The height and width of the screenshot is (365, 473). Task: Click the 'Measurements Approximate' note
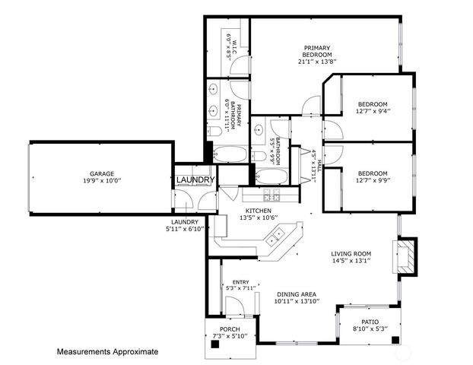[x=108, y=352]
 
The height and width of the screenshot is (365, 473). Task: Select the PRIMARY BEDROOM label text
[x=317, y=51]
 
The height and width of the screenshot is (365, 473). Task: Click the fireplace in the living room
[x=405, y=258]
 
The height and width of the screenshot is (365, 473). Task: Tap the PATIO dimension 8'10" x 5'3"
[x=370, y=328]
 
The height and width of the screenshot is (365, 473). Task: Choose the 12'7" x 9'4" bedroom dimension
[x=373, y=111]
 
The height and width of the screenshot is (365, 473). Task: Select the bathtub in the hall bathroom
[x=271, y=178]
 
